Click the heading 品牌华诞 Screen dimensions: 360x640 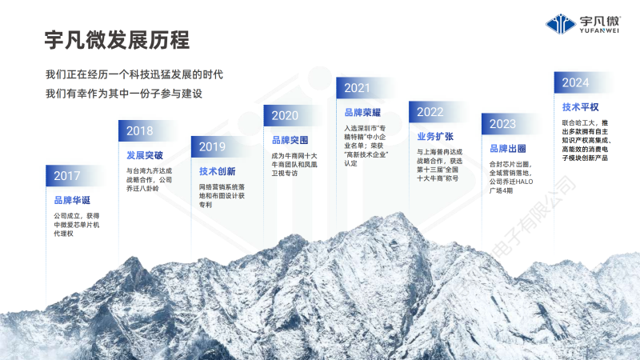point(73,200)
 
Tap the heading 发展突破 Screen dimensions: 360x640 point(145,155)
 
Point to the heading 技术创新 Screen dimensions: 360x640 point(217,171)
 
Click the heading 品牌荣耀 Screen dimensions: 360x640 point(362,113)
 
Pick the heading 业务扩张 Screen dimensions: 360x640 point(434,136)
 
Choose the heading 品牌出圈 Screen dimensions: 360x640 point(507,149)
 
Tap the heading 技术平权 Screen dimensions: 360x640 point(580,107)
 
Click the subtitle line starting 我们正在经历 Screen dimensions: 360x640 point(134,74)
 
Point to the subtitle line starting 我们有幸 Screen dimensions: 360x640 point(124,94)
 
